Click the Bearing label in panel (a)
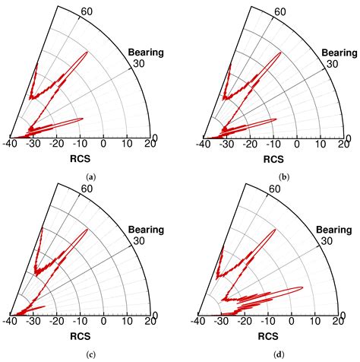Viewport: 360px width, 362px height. [x=146, y=52]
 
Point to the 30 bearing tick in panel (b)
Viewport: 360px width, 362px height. [x=331, y=64]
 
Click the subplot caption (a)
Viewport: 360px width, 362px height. [x=92, y=176]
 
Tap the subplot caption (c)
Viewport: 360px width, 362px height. [x=92, y=354]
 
